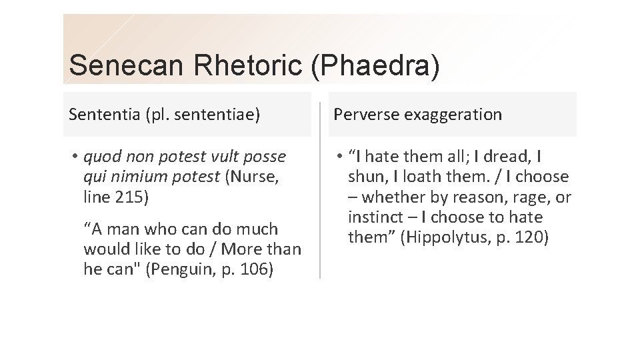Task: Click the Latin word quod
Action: click(100, 157)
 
